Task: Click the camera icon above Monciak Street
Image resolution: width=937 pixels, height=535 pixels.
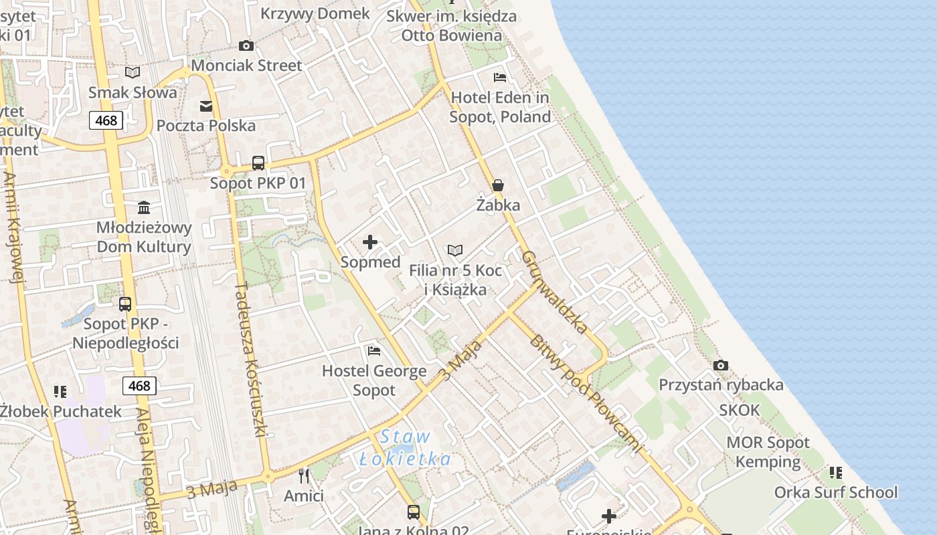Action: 246,46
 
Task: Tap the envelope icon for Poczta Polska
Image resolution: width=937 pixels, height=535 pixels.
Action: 206,106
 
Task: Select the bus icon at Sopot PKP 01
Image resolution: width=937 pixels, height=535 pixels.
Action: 258,163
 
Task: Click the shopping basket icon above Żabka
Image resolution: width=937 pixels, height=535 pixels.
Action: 498,185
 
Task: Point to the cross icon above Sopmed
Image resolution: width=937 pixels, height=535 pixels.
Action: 370,242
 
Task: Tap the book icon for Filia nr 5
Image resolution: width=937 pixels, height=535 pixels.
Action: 455,251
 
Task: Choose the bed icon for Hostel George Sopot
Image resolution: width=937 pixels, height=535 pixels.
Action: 374,350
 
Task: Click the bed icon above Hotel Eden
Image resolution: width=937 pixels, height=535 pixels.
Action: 500,78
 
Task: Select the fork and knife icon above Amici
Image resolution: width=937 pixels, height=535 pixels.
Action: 304,475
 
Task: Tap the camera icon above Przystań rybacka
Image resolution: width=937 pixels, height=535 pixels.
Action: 721,365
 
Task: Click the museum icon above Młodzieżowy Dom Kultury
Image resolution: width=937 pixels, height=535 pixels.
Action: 144,207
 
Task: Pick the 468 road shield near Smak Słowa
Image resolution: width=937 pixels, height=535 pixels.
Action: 106,120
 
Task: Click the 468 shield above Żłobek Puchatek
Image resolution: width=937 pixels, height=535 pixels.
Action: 139,386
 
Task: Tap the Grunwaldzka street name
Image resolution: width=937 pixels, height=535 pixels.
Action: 554,292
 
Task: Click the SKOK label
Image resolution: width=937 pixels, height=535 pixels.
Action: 740,410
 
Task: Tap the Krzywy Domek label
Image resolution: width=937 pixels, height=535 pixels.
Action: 315,13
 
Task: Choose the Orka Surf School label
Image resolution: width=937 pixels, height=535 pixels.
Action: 835,493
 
